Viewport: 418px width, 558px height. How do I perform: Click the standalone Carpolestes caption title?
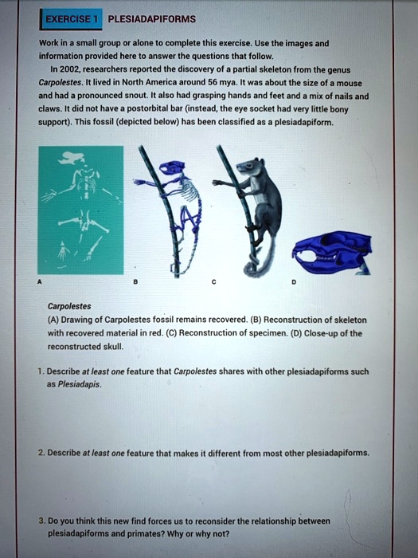click(x=70, y=305)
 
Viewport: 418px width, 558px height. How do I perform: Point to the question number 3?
click(x=51, y=519)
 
